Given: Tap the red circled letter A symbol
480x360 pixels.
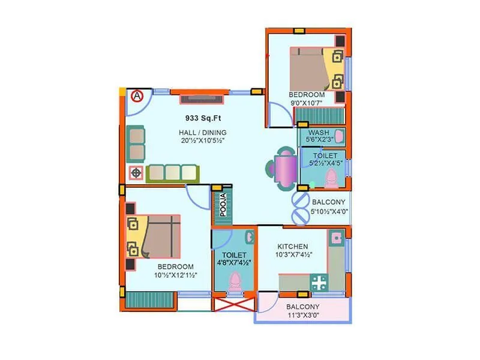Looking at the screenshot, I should pos(137,95).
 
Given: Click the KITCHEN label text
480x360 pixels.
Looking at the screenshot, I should pos(293,247).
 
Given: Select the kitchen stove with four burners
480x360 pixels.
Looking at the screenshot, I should pos(318,282).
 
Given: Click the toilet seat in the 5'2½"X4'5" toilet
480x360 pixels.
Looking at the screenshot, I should pos(331,178).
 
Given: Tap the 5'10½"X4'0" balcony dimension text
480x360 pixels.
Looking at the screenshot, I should pos(329,211).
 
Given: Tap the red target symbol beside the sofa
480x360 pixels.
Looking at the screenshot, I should pos(136,173).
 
